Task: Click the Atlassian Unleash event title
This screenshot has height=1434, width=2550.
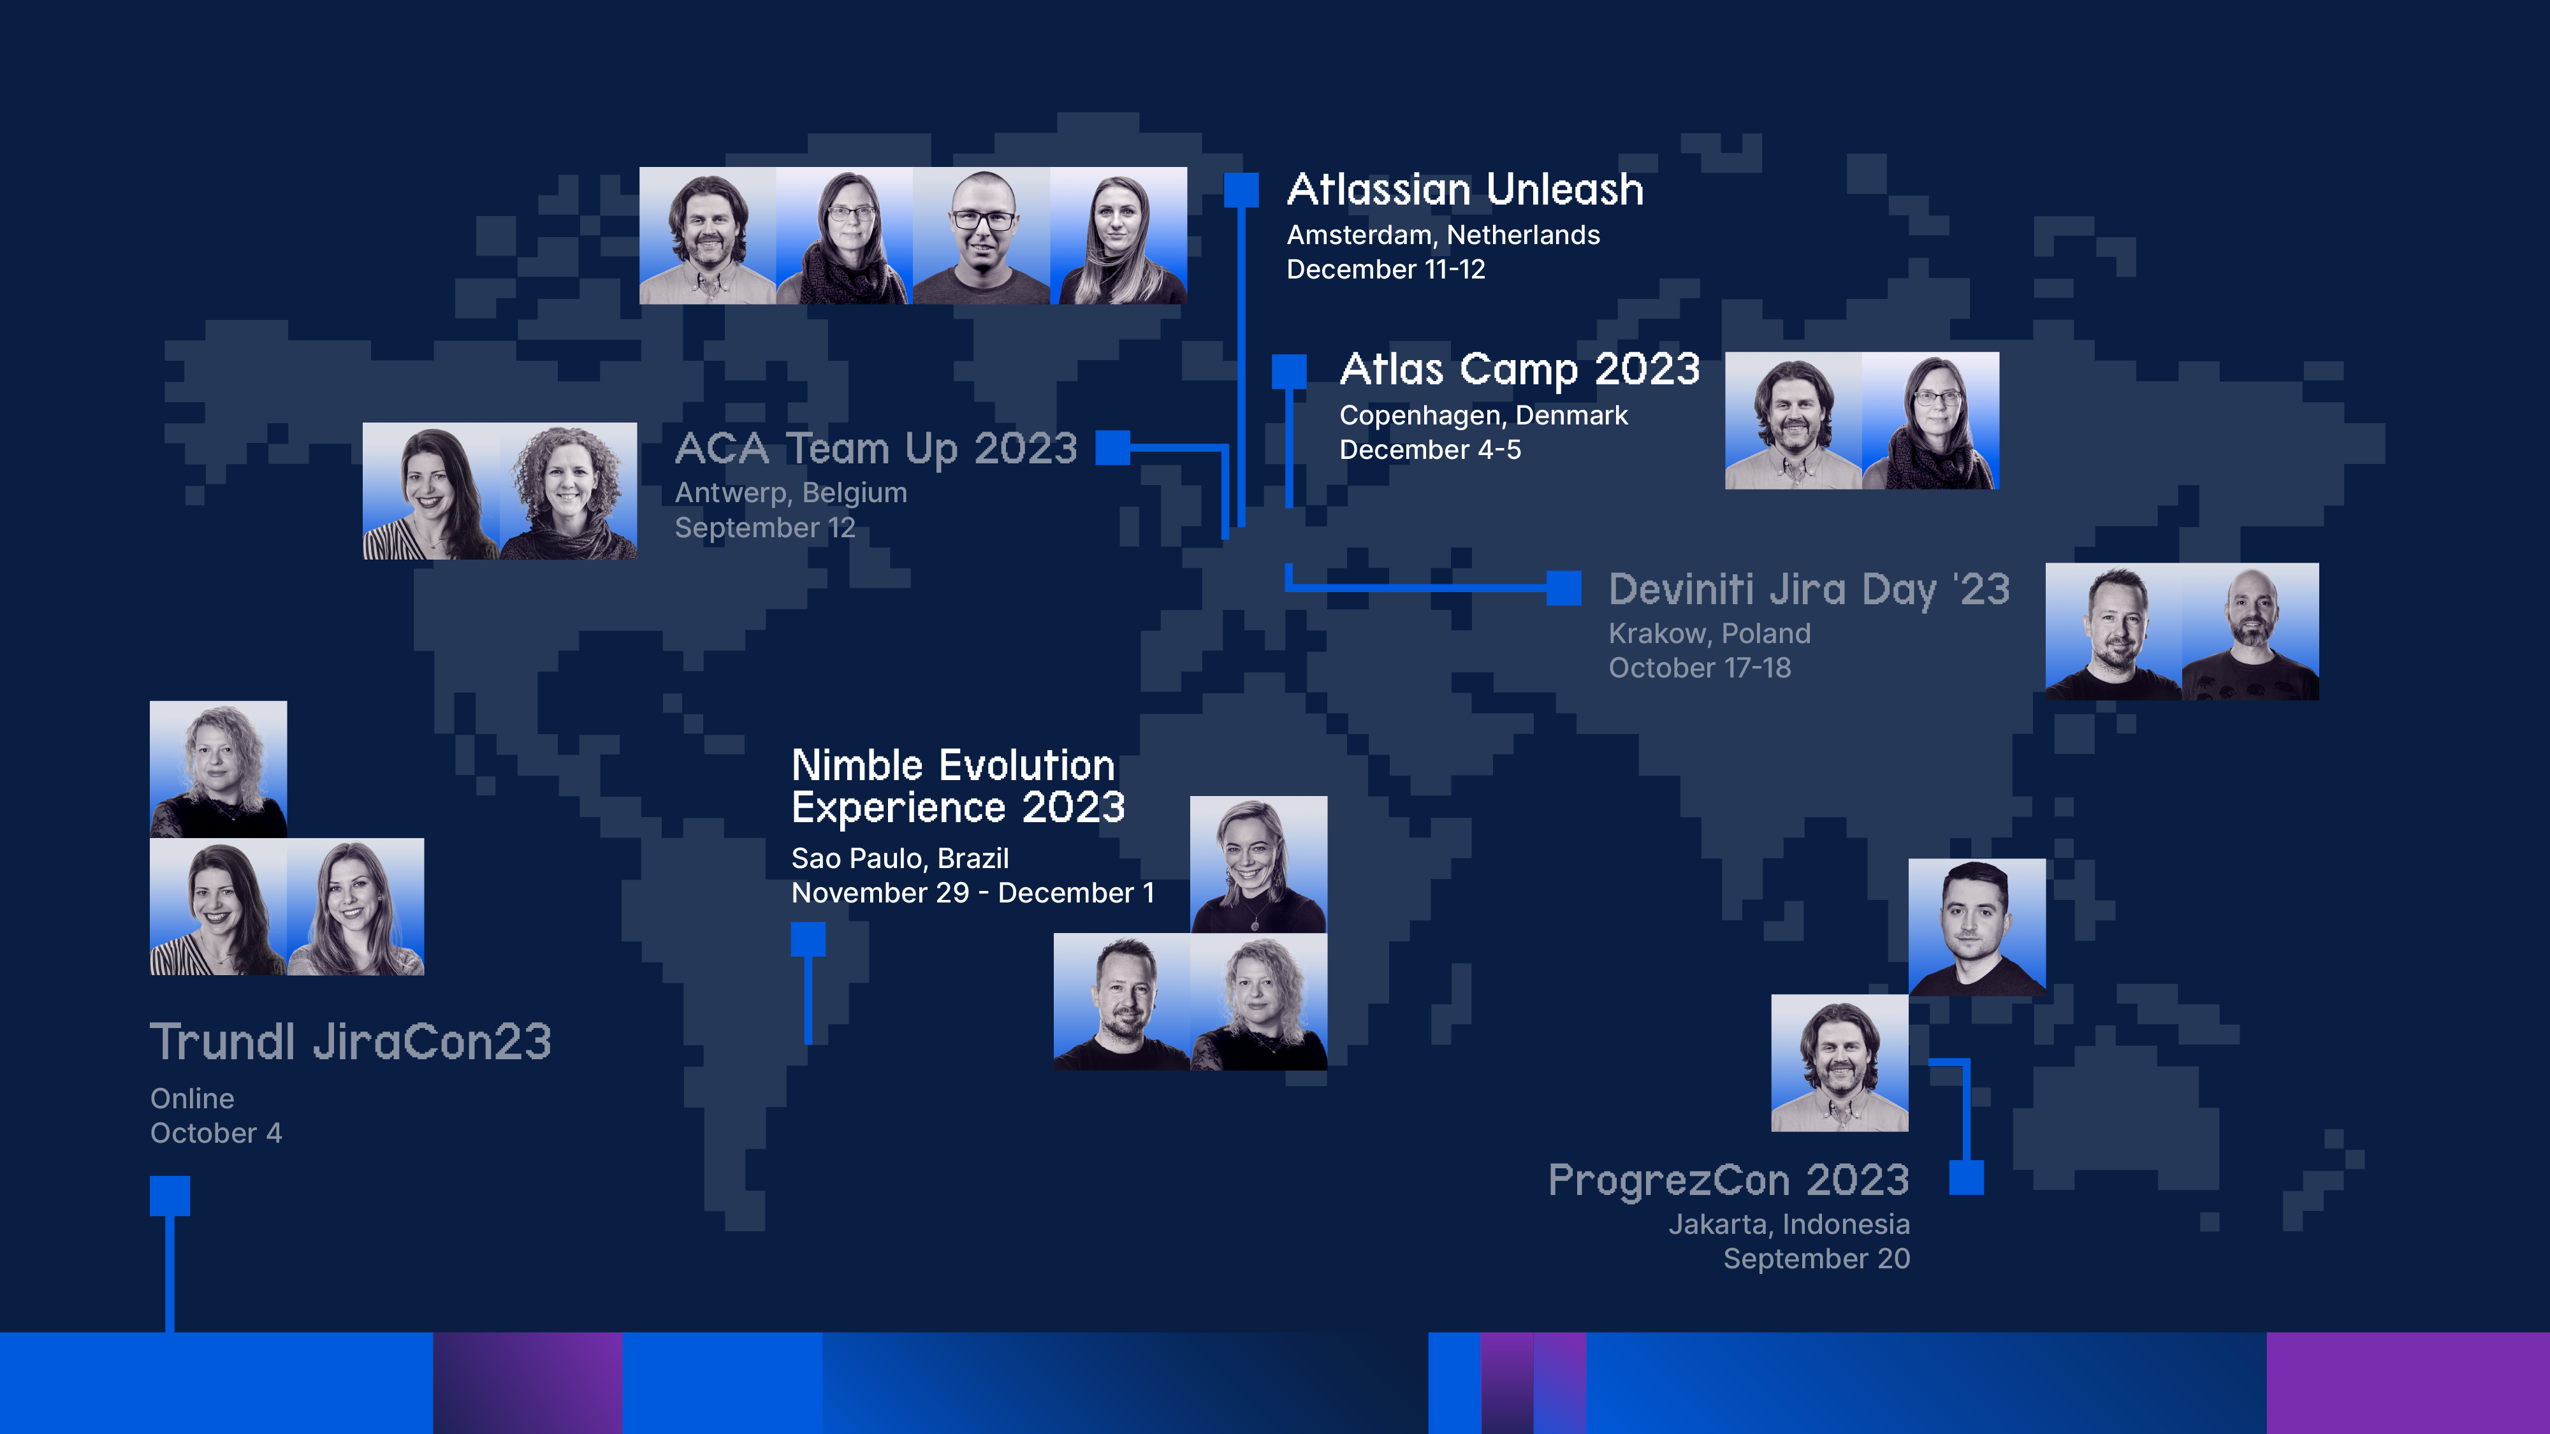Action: pos(1465,189)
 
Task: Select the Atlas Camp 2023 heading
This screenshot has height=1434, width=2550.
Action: pos(1520,369)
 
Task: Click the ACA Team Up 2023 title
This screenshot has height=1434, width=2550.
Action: pos(876,448)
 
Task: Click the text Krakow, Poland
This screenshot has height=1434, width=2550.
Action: pos(1710,634)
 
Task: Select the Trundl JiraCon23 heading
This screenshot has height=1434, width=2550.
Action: pos(351,1041)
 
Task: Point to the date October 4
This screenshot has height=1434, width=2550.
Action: pos(216,1133)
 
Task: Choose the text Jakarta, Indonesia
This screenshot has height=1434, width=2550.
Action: pos(1789,1224)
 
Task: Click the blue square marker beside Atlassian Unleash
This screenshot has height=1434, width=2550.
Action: pos(1241,190)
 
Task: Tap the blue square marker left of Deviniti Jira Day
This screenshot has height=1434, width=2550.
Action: pos(1564,588)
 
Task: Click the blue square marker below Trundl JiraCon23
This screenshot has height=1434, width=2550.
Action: pos(170,1196)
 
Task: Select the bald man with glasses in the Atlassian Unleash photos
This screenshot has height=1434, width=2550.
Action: pos(981,236)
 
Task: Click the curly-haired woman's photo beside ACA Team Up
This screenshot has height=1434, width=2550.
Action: pos(568,491)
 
